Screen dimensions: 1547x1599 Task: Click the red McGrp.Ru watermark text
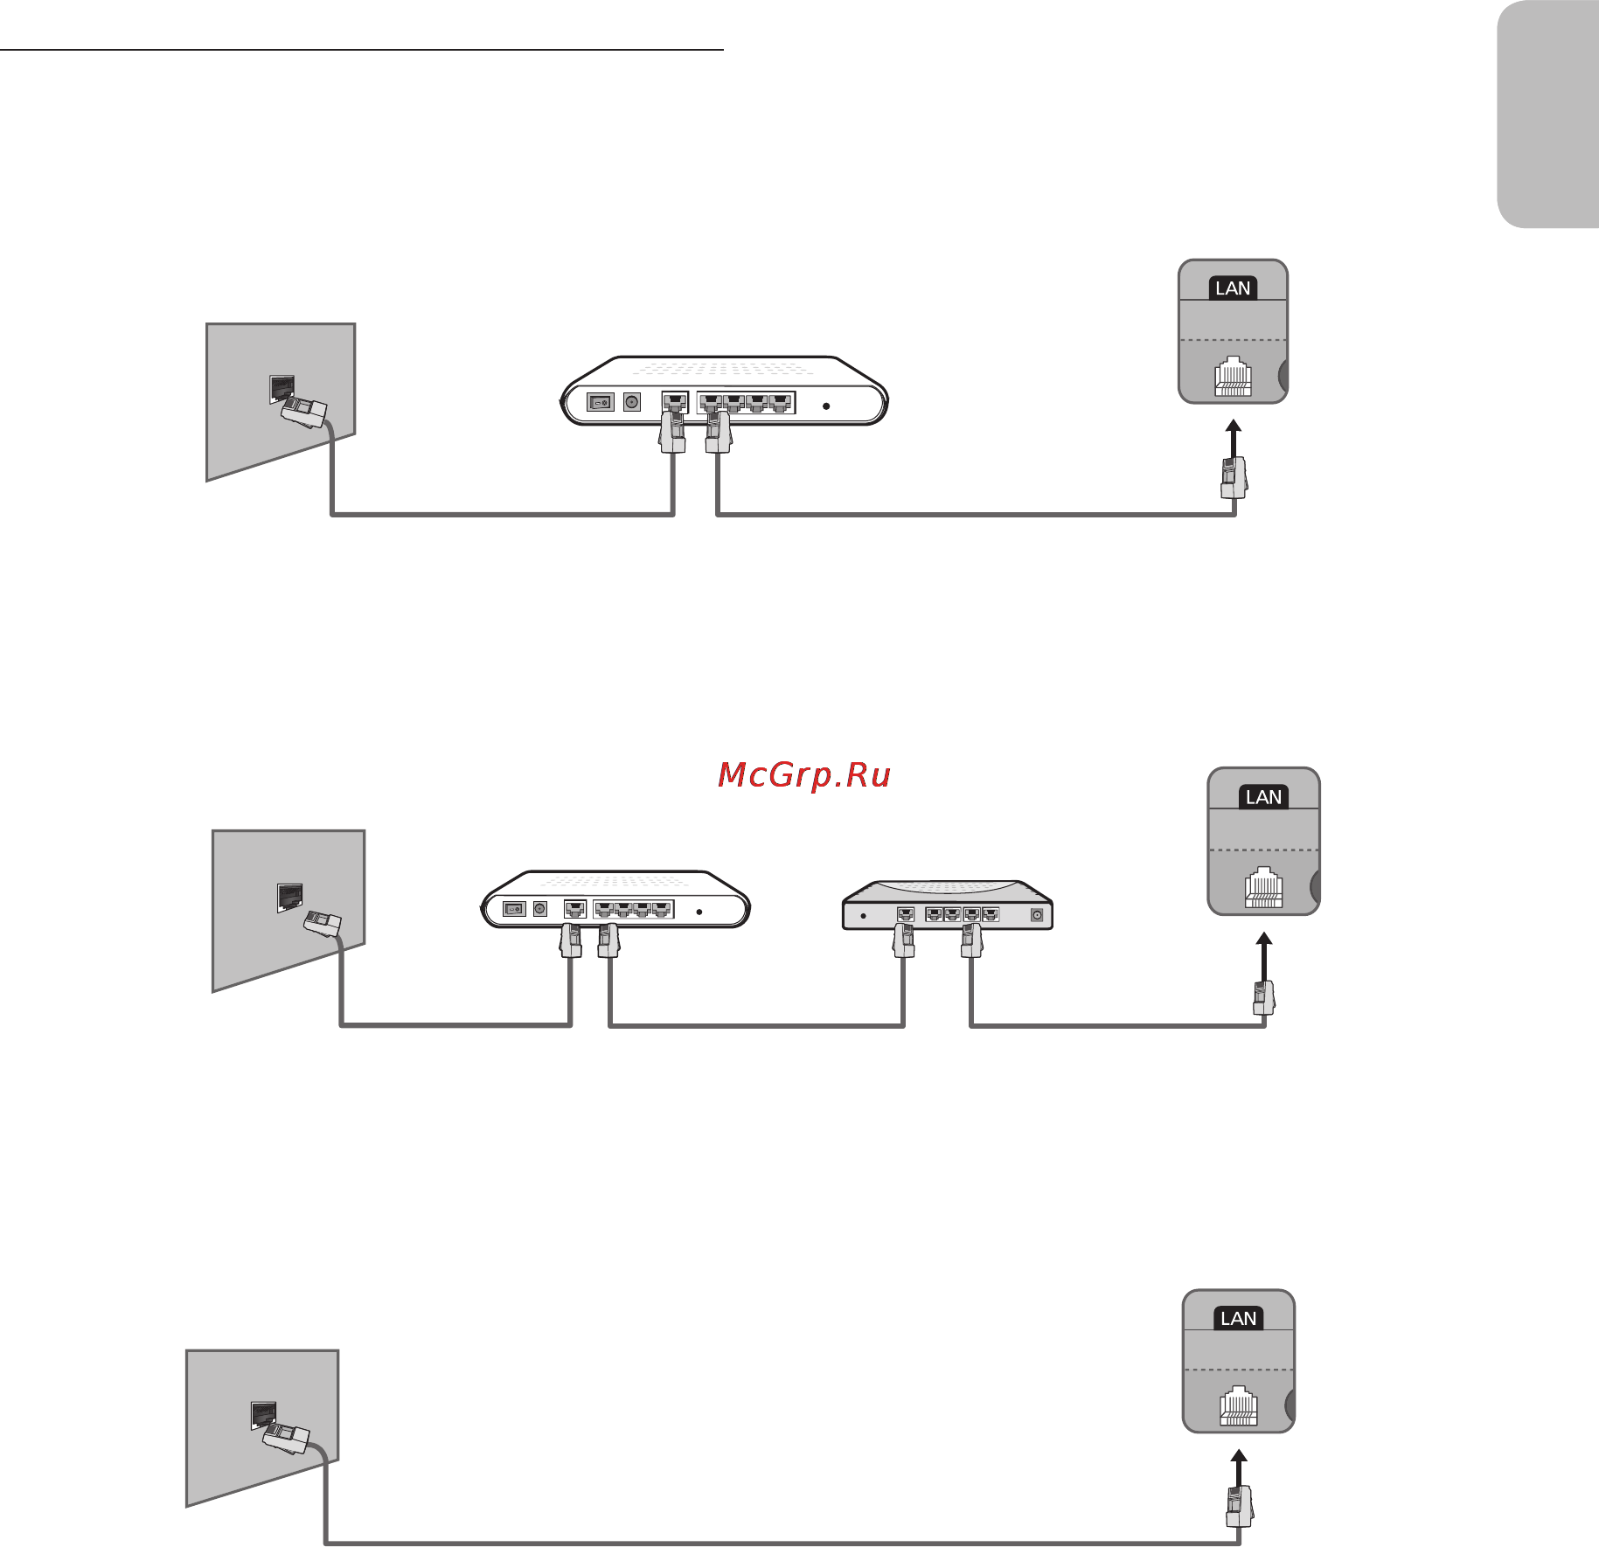[x=803, y=775]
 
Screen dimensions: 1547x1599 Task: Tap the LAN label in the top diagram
[x=1233, y=288]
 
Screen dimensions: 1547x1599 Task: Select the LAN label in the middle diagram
[x=1263, y=797]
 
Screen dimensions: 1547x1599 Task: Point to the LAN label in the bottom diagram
[x=1238, y=1319]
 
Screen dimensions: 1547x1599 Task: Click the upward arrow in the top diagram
[x=1233, y=437]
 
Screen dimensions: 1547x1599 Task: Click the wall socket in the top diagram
[x=282, y=388]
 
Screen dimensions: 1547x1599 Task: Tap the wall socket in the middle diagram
[x=289, y=897]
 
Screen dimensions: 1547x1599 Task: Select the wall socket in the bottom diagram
[x=263, y=1415]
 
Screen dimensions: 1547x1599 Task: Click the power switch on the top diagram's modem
[x=600, y=403]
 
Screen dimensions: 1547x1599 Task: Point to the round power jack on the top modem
[x=632, y=402]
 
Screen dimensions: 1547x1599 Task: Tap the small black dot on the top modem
[x=826, y=406]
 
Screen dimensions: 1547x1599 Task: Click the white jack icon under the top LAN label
[x=1233, y=377]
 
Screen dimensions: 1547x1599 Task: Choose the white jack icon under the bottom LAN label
[x=1238, y=1406]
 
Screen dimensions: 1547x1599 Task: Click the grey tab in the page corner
[x=1547, y=114]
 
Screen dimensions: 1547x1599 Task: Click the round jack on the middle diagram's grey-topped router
[x=1037, y=916]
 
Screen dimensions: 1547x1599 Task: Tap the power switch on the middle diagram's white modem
[x=514, y=909]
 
